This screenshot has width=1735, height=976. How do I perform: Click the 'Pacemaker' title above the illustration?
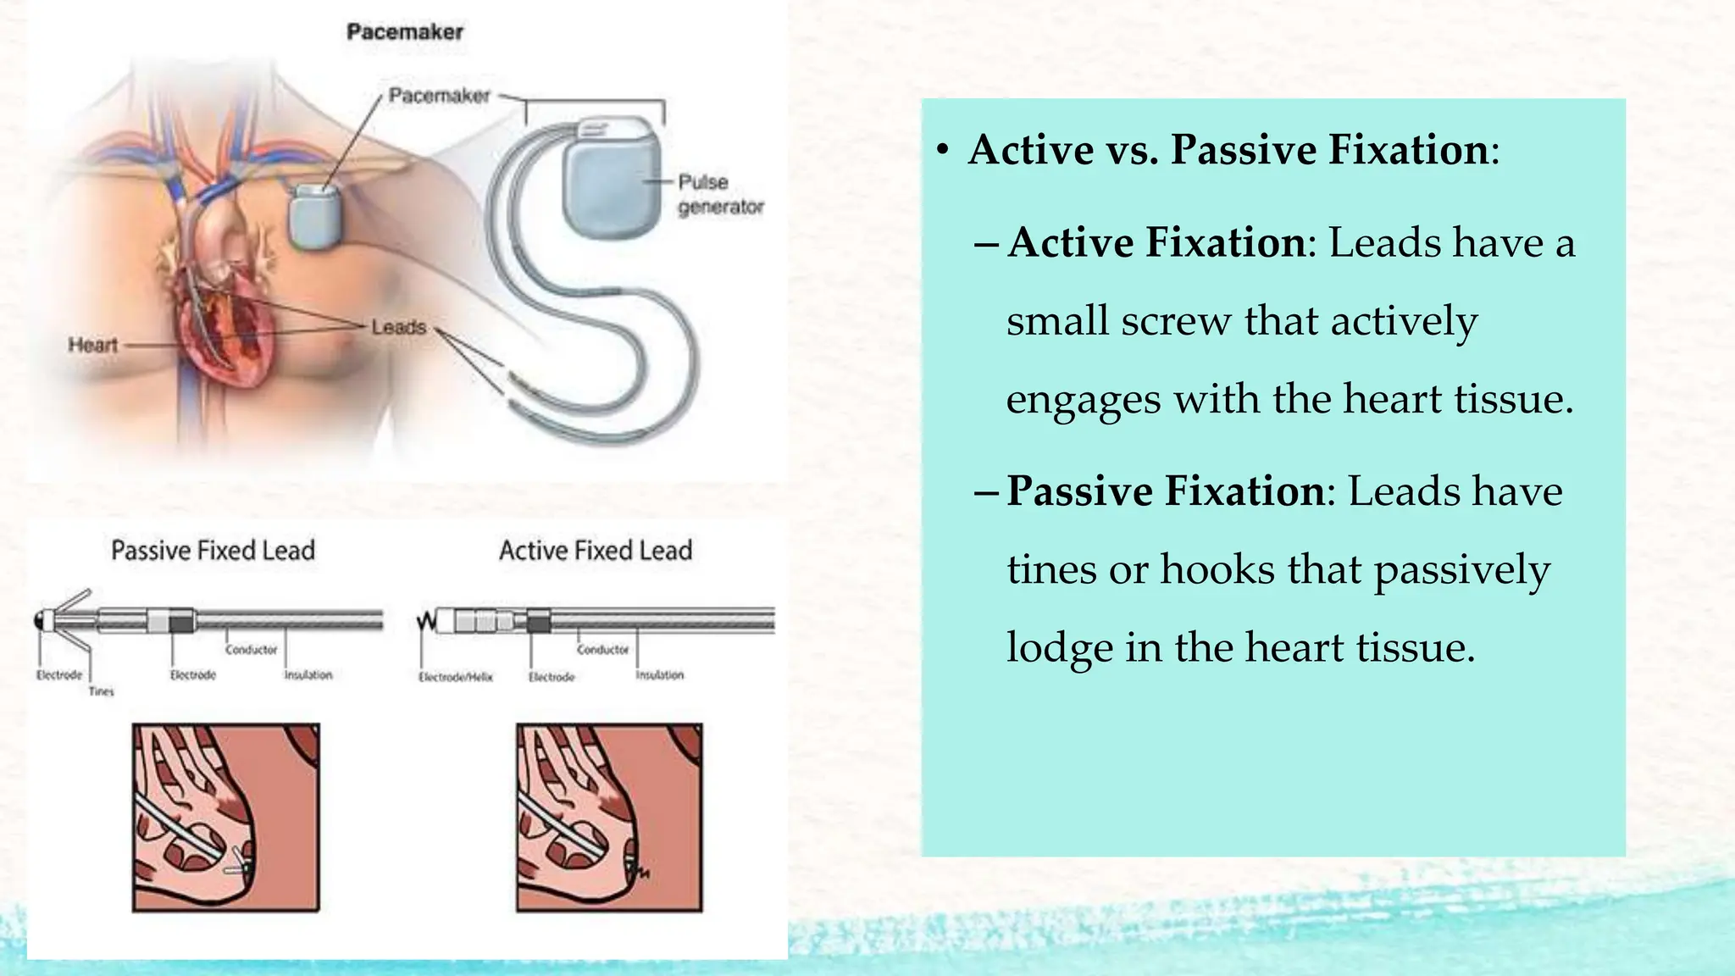[x=405, y=32]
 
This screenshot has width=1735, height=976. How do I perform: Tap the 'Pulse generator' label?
[x=719, y=194]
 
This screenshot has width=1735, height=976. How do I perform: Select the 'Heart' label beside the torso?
[x=92, y=345]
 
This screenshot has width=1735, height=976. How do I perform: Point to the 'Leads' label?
[x=398, y=327]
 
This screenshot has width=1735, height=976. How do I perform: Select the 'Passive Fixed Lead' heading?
[x=213, y=551]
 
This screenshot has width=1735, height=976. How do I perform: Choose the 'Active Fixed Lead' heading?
[x=595, y=551]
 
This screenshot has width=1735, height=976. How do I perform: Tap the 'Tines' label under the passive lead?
[x=101, y=691]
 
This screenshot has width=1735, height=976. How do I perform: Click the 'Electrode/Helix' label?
[x=455, y=677]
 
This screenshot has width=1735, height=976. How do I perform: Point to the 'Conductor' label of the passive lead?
[x=251, y=650]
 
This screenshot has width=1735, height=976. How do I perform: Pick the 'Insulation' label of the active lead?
[x=659, y=675]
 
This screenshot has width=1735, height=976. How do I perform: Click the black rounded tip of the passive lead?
[x=40, y=621]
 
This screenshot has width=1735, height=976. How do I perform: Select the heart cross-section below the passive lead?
[x=225, y=818]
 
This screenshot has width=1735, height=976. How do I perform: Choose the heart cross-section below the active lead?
[x=609, y=818]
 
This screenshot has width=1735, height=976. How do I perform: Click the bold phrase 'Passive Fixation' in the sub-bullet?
[x=1166, y=491]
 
